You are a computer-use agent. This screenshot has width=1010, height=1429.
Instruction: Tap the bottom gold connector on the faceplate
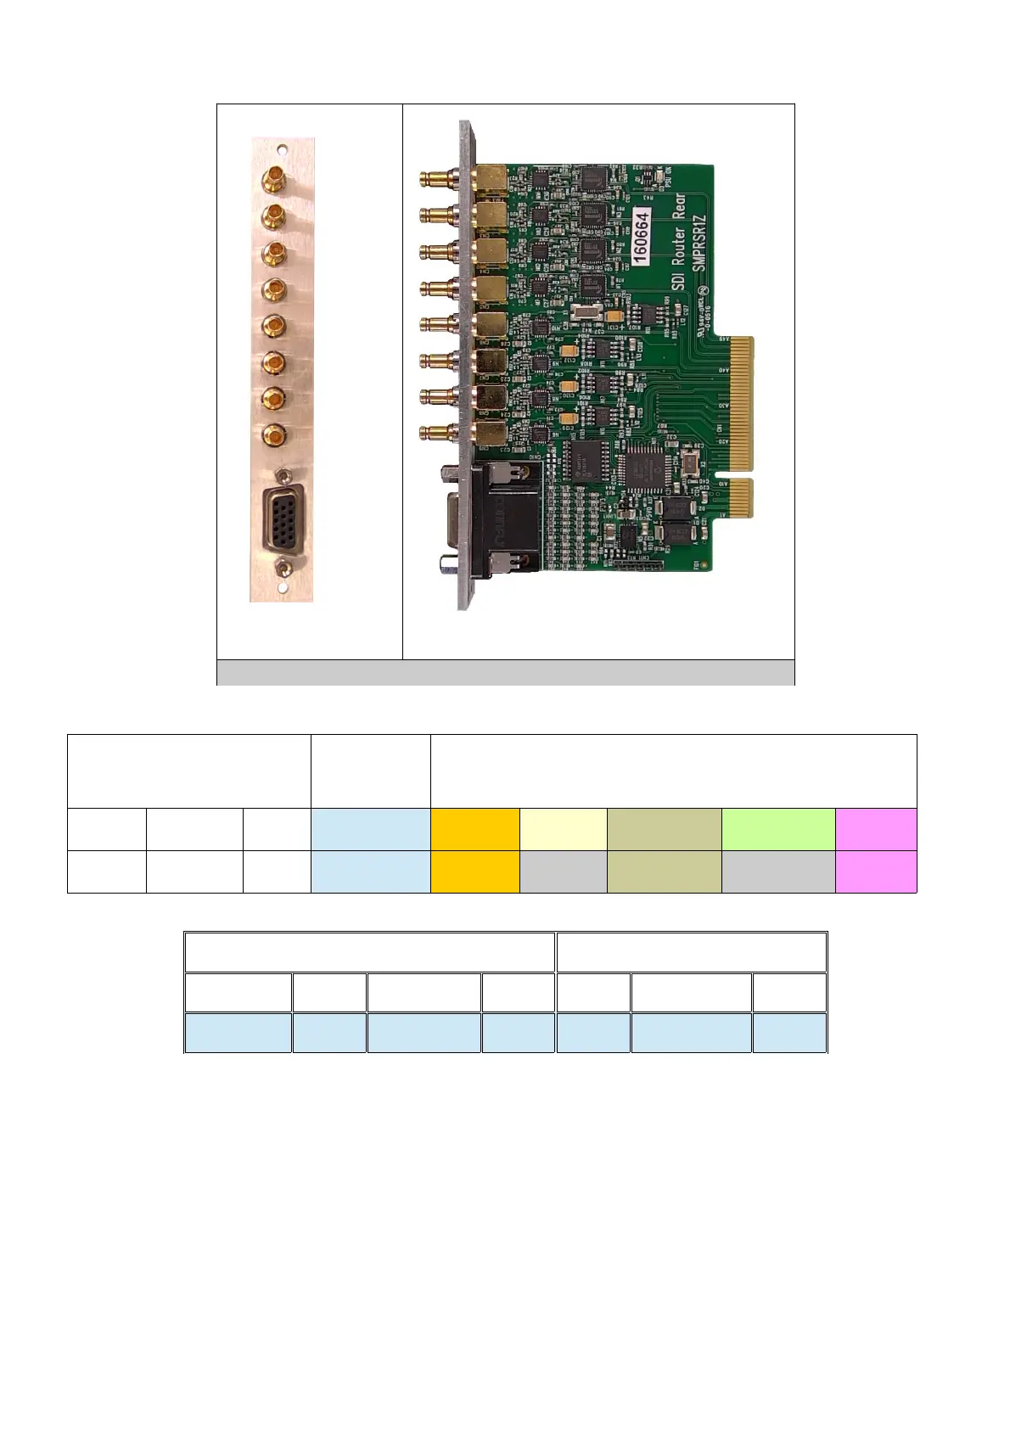[x=273, y=436]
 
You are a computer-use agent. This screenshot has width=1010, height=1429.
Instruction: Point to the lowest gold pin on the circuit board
[x=435, y=433]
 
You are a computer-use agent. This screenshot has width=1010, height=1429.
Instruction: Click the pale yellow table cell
[x=563, y=829]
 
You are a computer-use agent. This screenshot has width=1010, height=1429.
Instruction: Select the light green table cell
[x=778, y=829]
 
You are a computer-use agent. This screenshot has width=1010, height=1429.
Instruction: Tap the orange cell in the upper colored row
[x=474, y=829]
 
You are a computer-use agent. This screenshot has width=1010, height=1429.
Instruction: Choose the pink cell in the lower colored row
[x=876, y=871]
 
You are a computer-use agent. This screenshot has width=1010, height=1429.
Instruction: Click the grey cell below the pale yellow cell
[x=563, y=871]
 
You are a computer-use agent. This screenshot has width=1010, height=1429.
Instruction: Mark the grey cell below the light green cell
[x=778, y=871]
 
